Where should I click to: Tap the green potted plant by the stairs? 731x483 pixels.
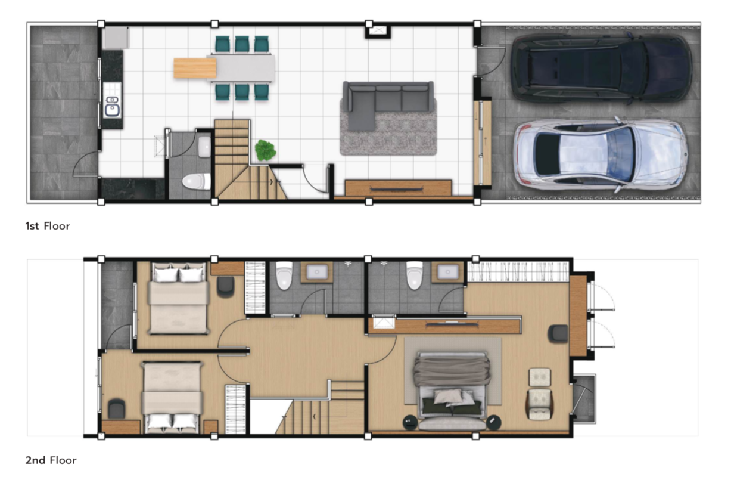pos(265,150)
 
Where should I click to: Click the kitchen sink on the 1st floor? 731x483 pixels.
pos(112,107)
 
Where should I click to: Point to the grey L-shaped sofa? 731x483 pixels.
pos(388,103)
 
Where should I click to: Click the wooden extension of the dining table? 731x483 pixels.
pos(195,68)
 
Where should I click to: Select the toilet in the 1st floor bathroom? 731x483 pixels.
pos(197,181)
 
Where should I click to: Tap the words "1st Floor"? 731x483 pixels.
pos(48,226)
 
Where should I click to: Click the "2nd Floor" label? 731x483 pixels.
pos(51,460)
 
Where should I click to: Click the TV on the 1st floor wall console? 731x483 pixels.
pos(397,189)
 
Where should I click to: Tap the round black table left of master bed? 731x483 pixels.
pos(410,423)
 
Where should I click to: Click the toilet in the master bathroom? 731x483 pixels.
pos(415,275)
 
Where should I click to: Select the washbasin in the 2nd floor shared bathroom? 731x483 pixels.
pos(316,271)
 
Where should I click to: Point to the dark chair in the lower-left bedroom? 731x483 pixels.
pos(117,408)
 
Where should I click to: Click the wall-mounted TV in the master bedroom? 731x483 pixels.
pos(452,324)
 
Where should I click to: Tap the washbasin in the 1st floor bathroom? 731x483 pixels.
pos(204,147)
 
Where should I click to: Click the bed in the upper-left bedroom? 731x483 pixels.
pos(179,298)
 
